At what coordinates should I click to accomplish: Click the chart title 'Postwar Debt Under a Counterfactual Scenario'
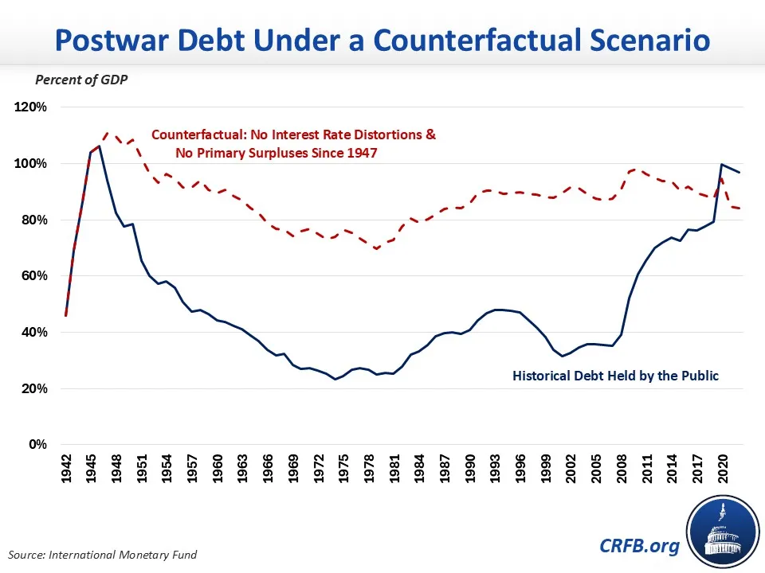pyautogui.click(x=382, y=40)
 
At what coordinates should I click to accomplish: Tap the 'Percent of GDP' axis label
pyautogui.click(x=81, y=80)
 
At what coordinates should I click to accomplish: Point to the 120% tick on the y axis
pyautogui.click(x=30, y=107)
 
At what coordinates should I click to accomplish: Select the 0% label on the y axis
pyautogui.click(x=37, y=444)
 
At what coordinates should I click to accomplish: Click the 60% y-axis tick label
pyautogui.click(x=33, y=276)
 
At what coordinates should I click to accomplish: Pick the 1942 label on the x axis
pyautogui.click(x=66, y=469)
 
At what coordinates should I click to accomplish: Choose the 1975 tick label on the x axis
pyautogui.click(x=343, y=469)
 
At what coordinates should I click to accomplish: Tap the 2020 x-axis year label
pyautogui.click(x=723, y=469)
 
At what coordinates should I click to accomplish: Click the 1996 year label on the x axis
pyautogui.click(x=520, y=469)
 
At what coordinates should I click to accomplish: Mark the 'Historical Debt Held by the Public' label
pyautogui.click(x=615, y=376)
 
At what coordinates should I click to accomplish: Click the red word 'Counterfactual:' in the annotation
pyautogui.click(x=199, y=135)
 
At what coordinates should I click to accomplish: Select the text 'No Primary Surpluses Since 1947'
pyautogui.click(x=277, y=153)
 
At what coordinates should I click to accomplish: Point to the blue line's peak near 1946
pyautogui.click(x=99, y=146)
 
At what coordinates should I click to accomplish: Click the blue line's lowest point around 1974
pyautogui.click(x=335, y=379)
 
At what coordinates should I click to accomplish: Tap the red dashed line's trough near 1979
pyautogui.click(x=377, y=248)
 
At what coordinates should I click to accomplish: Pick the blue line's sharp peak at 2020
pyautogui.click(x=722, y=165)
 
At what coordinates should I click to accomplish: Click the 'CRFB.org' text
pyautogui.click(x=639, y=546)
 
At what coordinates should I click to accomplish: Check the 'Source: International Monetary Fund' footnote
pyautogui.click(x=103, y=555)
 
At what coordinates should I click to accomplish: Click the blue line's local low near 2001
pyautogui.click(x=563, y=357)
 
